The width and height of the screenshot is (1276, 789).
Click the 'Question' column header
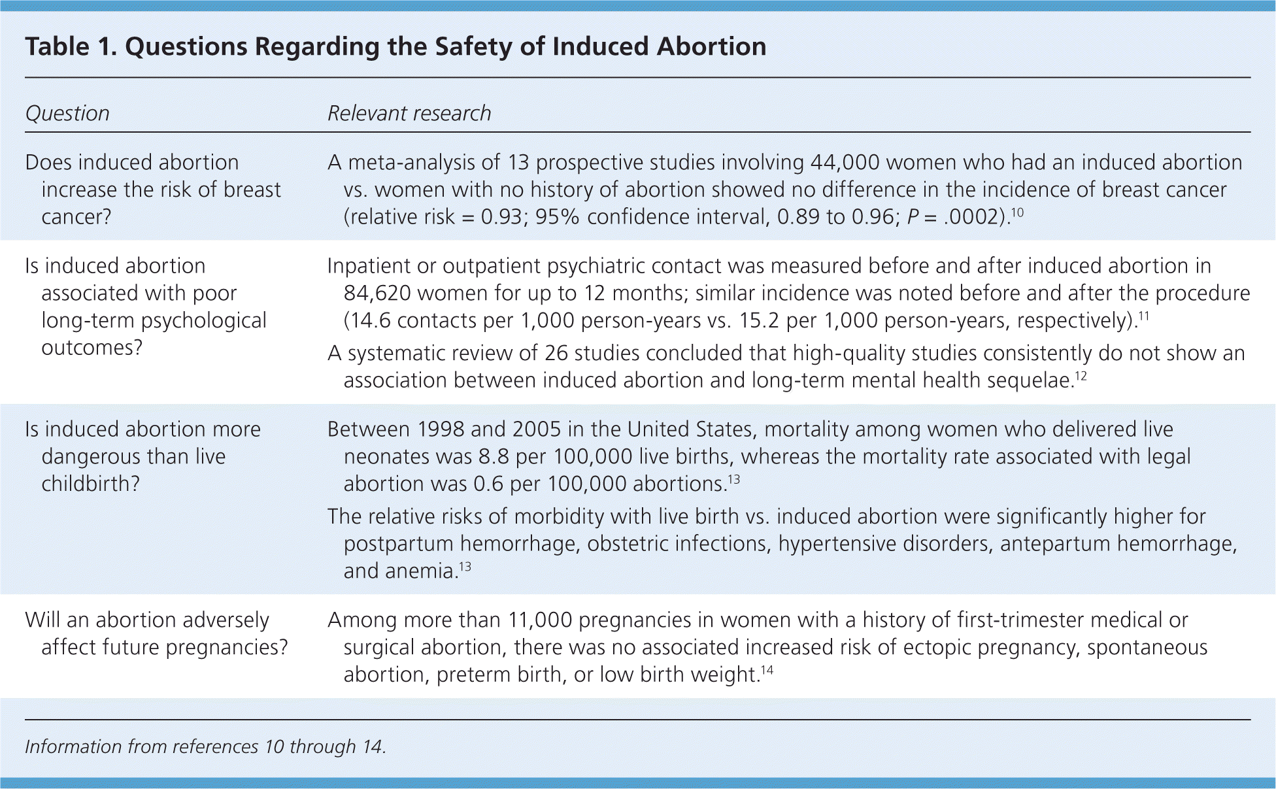67,113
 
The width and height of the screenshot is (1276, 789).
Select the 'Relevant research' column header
409,113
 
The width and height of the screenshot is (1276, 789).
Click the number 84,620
377,293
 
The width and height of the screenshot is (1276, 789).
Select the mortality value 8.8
494,456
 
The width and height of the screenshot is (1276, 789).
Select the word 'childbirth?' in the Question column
90,484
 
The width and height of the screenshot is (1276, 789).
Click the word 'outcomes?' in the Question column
92,348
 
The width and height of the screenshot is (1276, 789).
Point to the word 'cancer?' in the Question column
76,216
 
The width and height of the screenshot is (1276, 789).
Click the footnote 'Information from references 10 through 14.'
205,747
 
